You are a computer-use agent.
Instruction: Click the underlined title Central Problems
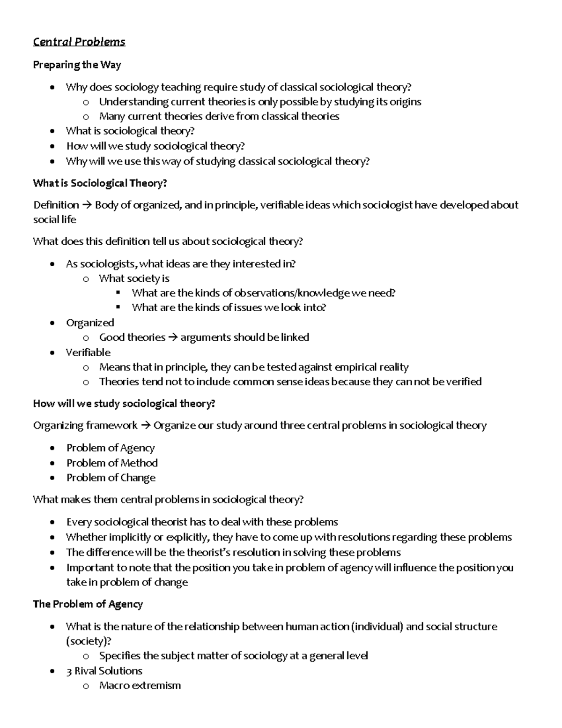point(79,42)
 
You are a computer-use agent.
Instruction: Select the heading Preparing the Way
point(77,65)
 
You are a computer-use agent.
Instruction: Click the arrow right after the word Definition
point(87,205)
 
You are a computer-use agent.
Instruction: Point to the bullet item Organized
point(90,323)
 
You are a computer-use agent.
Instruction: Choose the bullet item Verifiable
point(88,352)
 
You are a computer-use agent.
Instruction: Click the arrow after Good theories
point(172,338)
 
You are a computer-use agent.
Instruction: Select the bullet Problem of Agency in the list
point(110,448)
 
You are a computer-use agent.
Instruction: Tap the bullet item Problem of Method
point(111,463)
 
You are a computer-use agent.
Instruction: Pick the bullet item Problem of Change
point(111,478)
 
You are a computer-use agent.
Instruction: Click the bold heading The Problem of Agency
point(88,604)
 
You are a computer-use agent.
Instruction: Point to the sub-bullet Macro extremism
point(140,685)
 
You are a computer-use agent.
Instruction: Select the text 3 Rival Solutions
point(104,670)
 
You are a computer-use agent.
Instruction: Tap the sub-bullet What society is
point(134,278)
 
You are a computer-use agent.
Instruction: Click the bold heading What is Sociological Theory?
point(99,183)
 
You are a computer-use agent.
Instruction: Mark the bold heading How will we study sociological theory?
point(124,404)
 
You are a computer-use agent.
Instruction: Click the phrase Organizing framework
point(85,425)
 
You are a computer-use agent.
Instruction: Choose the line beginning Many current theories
point(219,116)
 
